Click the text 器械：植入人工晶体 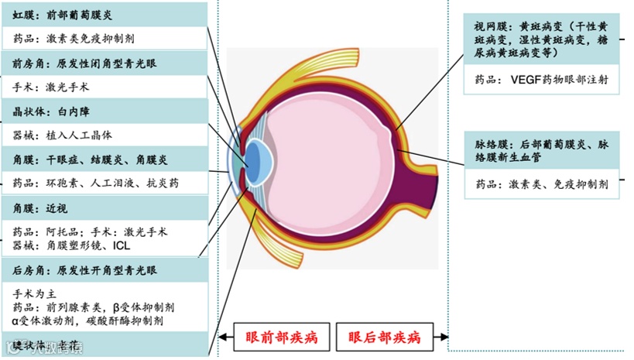coord(63,135)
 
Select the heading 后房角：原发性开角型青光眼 coord(85,271)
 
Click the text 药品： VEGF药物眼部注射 coord(542,79)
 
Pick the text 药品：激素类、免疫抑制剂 coord(542,184)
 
